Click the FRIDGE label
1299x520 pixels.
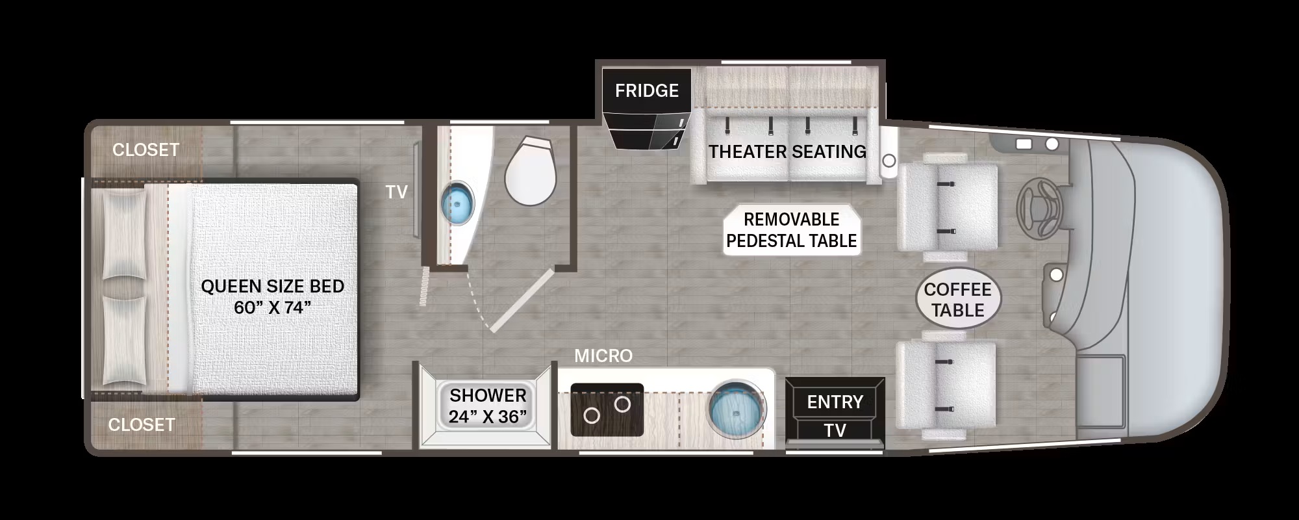point(647,90)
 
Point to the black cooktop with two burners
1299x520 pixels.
point(607,409)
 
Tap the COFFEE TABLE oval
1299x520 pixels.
point(958,300)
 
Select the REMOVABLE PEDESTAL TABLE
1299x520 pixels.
point(792,230)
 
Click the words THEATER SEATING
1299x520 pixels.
point(787,152)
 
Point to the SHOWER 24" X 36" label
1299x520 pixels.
point(488,406)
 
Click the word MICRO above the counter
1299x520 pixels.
point(603,356)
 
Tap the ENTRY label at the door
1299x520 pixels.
point(835,402)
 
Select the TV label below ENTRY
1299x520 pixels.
point(835,430)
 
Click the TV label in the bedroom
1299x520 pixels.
point(397,192)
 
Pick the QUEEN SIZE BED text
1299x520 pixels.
point(273,286)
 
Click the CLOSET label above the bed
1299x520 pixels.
point(145,149)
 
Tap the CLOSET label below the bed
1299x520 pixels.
point(142,424)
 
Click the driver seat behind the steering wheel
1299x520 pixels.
point(947,206)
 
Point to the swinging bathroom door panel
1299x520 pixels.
point(522,300)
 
